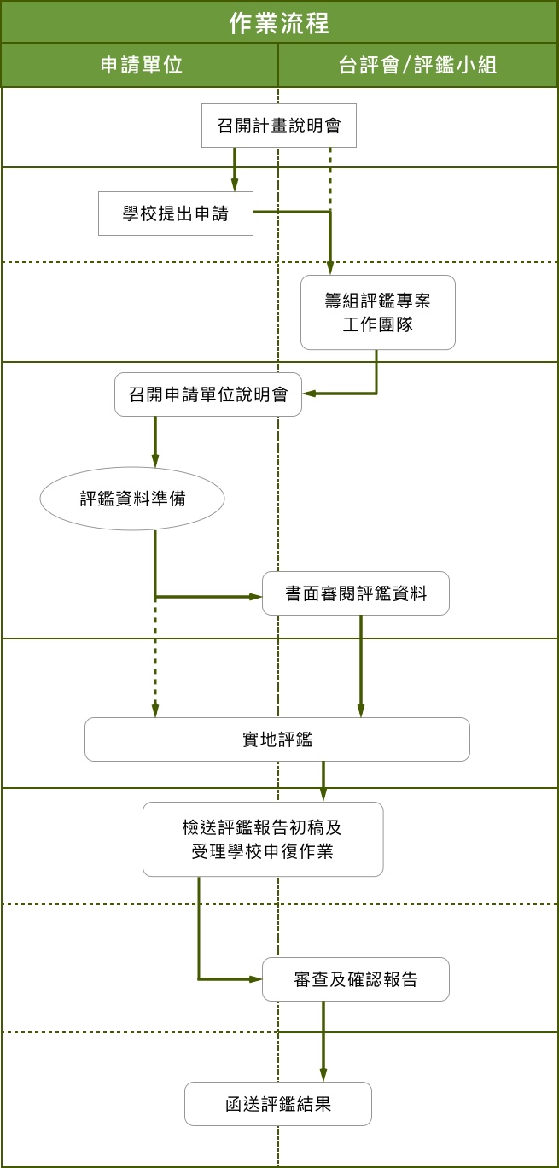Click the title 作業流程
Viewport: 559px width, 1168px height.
[279, 22]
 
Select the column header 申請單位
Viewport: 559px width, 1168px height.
[141, 66]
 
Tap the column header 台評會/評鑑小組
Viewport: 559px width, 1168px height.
[418, 66]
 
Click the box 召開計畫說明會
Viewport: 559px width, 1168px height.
[279, 126]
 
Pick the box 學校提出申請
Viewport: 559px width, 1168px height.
[176, 213]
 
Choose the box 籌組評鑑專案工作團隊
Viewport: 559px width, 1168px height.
[377, 312]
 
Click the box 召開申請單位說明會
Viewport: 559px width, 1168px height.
[208, 394]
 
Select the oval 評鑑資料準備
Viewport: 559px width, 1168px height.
[132, 499]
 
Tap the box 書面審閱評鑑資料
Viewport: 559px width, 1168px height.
[355, 593]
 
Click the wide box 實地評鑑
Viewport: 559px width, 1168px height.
[277, 739]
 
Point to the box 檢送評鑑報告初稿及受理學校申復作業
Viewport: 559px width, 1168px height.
[263, 838]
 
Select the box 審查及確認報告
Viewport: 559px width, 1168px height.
[355, 979]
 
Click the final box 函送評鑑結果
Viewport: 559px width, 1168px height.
[278, 1104]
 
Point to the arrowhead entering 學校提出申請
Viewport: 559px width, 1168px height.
[234, 185]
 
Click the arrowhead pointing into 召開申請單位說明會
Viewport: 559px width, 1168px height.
[309, 394]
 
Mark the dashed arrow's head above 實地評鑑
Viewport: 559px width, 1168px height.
[155, 710]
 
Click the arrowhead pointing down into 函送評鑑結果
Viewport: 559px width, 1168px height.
[323, 1075]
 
